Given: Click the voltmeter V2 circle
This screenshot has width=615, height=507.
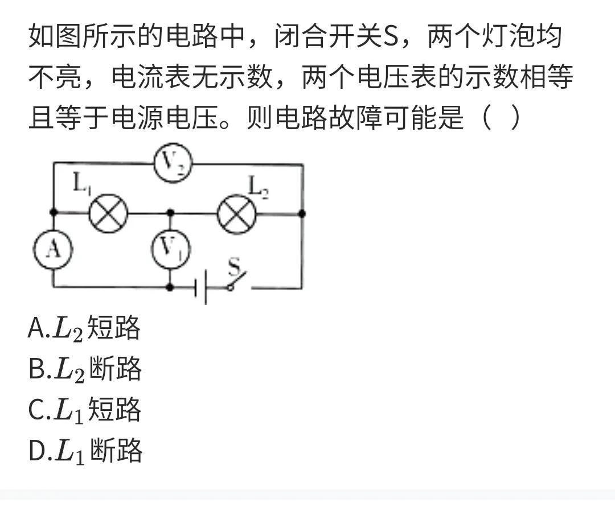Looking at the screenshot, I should click(173, 164).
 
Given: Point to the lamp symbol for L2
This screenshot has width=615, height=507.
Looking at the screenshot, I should click(237, 214).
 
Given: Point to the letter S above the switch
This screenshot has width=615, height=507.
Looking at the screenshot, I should click(234, 266).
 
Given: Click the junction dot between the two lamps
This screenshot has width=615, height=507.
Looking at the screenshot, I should click(170, 213).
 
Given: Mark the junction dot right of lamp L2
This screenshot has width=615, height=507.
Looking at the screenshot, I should click(302, 213).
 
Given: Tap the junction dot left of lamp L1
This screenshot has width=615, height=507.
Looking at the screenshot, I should click(54, 213).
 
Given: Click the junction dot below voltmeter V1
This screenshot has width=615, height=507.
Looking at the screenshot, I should click(170, 288).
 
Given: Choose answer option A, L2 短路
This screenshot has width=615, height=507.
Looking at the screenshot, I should click(84, 328).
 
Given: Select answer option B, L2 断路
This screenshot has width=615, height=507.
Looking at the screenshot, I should click(85, 369).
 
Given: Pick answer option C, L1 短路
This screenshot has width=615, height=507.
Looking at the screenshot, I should click(85, 410).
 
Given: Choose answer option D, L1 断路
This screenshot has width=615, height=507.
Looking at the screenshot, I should click(85, 451).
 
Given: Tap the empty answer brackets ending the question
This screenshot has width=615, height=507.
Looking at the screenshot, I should click(501, 118).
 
